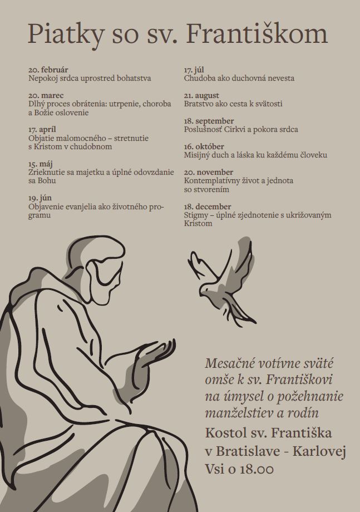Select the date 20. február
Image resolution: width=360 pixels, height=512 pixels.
pyautogui.click(x=48, y=70)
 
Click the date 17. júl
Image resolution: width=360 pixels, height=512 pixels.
pyautogui.click(x=194, y=70)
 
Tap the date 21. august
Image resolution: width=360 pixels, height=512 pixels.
pyautogui.click(x=201, y=96)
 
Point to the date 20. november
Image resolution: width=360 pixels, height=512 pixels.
pyautogui.click(x=208, y=173)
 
